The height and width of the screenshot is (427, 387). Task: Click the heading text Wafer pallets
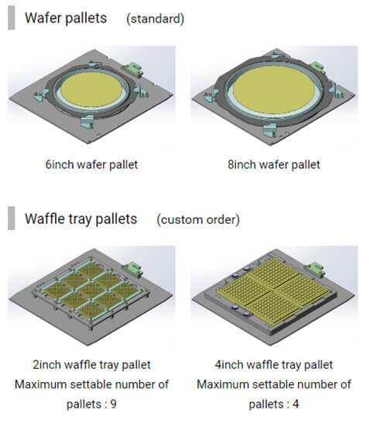pos(66,19)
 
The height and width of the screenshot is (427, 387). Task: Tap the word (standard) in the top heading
pos(156,19)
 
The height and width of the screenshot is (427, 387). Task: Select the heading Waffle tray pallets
pos(80,219)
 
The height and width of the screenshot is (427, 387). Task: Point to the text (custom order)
pos(198,219)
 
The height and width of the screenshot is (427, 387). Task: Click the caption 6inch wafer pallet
pos(91,165)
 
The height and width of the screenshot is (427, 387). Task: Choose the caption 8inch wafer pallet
pos(274,165)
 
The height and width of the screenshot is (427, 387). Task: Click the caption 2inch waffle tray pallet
pos(91,365)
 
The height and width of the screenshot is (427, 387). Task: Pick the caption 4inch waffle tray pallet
pos(274,365)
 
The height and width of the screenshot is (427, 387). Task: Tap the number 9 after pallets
pos(114,404)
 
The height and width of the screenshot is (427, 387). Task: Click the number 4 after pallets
pos(296,404)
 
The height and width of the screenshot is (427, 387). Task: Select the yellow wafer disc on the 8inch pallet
pos(274,90)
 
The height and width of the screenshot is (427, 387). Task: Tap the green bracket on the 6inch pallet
pos(133,69)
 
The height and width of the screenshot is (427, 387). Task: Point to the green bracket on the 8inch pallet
pos(317,67)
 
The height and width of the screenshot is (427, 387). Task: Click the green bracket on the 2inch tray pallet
pos(133,268)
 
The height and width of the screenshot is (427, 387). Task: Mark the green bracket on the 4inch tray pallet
pos(316,268)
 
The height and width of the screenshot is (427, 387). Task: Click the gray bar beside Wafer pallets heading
pos(12,18)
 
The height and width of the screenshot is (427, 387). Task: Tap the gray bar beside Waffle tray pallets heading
pos(12,218)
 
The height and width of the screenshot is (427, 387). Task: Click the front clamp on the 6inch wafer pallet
pos(87,121)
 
